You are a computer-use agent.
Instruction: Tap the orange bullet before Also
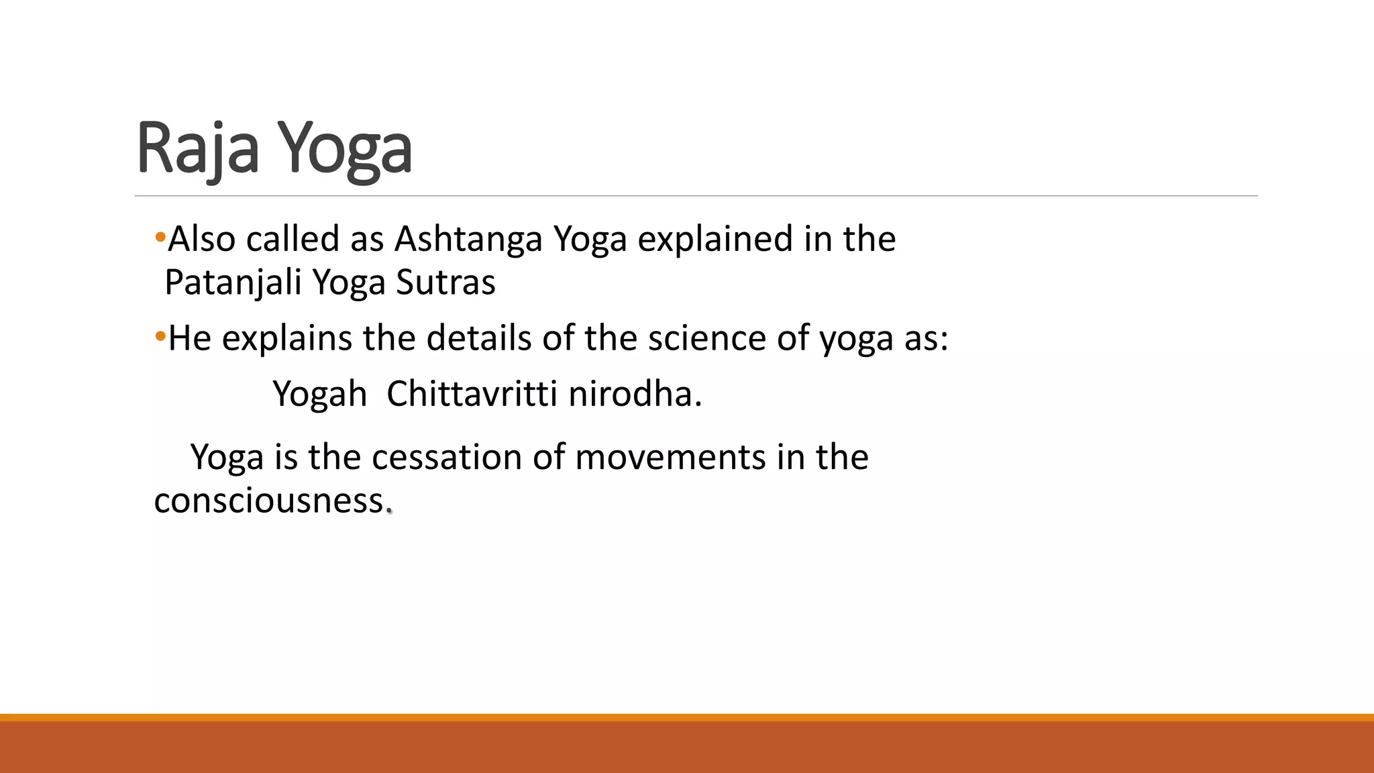160,237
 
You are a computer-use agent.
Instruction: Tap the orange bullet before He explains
160,336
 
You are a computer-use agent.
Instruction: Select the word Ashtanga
468,240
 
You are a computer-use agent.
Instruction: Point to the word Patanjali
233,282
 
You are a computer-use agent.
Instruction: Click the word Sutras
445,282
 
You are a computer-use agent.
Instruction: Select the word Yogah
319,395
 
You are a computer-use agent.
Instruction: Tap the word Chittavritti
472,394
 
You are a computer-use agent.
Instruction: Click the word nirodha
634,394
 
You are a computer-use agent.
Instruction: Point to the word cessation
446,458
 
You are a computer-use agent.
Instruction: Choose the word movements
670,458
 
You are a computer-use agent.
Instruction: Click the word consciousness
269,501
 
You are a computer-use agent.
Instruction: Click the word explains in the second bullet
286,338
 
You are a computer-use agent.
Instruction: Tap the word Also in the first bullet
201,240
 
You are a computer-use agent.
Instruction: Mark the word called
293,240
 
